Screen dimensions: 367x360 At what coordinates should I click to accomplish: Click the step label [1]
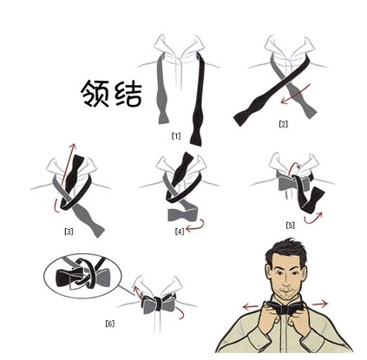coord(176,136)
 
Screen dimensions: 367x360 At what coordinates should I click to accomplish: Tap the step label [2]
coord(283,124)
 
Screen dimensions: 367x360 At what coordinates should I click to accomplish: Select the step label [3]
coord(69,232)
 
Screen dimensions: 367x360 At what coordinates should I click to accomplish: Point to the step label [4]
coord(180,232)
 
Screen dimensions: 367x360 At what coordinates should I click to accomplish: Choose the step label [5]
coord(290,225)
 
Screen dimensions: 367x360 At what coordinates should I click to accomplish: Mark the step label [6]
coord(110,324)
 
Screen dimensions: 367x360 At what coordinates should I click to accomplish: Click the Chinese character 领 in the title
coord(95,94)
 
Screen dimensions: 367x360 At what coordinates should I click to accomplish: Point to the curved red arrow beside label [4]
coord(197,226)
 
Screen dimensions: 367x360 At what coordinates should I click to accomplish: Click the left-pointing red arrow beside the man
coord(251,306)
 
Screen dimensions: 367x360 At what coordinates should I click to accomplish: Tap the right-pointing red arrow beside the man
coord(319,304)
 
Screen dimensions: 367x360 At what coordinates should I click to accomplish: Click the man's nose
coord(285,279)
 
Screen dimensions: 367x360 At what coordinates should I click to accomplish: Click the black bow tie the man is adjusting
coord(285,309)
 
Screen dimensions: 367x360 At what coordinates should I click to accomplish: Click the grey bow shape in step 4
coord(183,214)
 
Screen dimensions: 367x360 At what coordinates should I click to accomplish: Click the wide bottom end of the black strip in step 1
coord(198,137)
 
